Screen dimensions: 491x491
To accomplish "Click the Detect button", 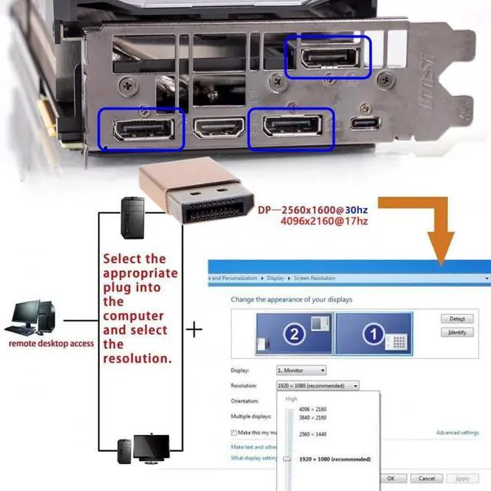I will click(457, 318).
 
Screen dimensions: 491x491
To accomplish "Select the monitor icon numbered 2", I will click(295, 333).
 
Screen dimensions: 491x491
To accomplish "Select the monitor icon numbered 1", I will click(374, 333).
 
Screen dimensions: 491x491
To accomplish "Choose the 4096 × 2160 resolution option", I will click(312, 410).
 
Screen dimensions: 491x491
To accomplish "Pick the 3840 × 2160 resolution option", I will click(312, 418).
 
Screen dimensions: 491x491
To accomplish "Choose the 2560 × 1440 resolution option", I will click(312, 434).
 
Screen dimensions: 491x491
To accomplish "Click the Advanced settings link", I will click(457, 433).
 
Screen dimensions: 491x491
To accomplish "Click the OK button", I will click(391, 478).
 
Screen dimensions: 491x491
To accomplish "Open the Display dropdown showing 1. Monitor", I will click(301, 371).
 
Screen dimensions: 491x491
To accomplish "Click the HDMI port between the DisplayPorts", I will click(219, 127).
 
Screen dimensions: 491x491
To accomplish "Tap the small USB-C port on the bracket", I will click(361, 124).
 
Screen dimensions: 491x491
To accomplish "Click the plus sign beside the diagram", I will click(196, 330).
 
